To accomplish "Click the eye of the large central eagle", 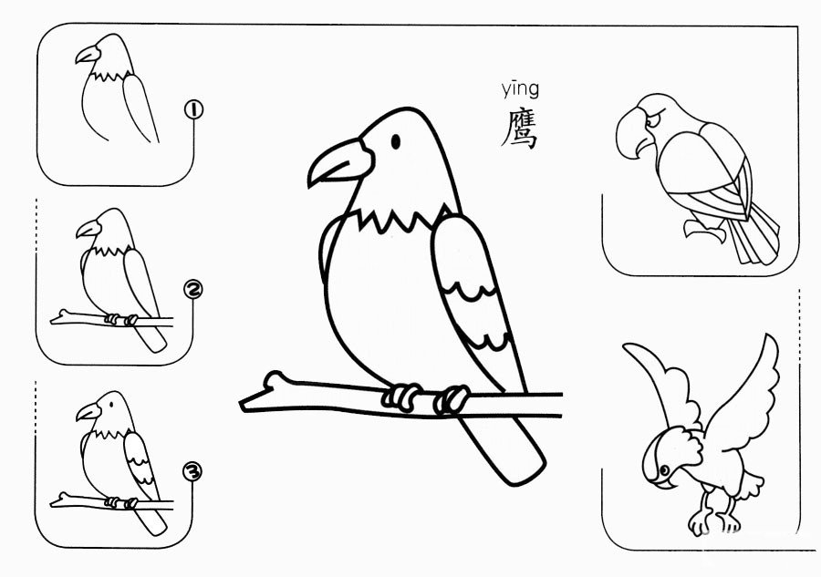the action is pos(396,141).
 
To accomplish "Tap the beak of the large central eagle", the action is pos(340,161).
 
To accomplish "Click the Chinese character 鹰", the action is pos(519,129).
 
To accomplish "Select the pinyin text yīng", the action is pos(520,90).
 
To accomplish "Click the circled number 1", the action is pos(193,110).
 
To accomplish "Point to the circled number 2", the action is pos(192,290).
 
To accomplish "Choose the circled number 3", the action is pos(192,472).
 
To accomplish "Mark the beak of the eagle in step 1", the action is pos(88,55).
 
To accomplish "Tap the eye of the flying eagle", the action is pos(664,470).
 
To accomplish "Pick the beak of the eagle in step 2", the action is pos(88,229).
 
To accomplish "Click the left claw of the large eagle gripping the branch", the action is pos(402,397).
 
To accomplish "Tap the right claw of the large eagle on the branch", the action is pos(452,399).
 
